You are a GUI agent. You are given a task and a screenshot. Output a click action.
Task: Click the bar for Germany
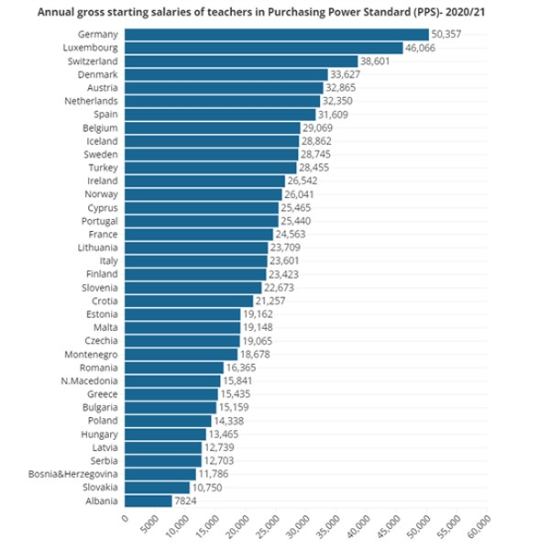coord(275,34)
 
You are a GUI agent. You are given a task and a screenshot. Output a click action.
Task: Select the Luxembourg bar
coord(263,48)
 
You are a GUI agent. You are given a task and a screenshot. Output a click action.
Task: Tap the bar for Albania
coord(147,500)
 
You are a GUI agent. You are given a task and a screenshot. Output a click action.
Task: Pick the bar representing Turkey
coord(210,168)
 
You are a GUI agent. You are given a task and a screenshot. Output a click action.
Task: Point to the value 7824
coord(186,500)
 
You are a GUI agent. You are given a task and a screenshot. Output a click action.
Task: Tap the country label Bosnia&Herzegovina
coord(71,474)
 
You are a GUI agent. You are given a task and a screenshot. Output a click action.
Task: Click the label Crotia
coord(104,301)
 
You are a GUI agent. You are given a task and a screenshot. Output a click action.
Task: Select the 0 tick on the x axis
coord(125,518)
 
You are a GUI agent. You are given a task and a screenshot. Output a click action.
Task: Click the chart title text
coord(274,12)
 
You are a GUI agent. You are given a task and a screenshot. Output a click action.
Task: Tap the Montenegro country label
coord(90,354)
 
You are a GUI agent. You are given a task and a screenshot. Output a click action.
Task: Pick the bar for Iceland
coord(212,141)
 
